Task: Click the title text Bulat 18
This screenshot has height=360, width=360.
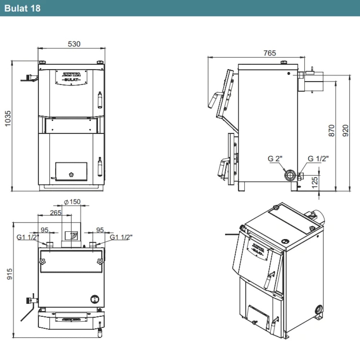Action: [x=22, y=8]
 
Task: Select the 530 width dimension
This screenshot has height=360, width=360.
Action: [x=74, y=44]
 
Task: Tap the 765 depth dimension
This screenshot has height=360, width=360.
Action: [x=269, y=53]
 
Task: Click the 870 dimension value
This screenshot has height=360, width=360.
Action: [x=331, y=130]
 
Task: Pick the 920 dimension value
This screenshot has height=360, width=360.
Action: [x=346, y=130]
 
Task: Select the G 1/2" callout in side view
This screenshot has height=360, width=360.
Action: [x=318, y=158]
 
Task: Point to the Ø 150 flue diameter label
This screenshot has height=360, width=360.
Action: [x=72, y=202]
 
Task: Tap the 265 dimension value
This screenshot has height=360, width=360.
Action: [x=56, y=212]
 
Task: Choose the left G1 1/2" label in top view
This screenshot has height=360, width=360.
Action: [x=28, y=237]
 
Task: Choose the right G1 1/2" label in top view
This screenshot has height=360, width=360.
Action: [x=121, y=237]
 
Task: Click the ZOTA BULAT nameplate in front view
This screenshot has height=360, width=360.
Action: [x=71, y=76]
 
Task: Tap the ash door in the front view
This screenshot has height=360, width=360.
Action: [x=71, y=171]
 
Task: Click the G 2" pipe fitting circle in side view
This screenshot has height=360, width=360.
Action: [x=289, y=176]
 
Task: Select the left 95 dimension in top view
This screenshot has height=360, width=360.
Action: [x=45, y=229]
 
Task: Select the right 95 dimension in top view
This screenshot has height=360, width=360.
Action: [x=100, y=229]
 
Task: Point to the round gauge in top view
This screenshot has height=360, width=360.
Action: [x=94, y=298]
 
